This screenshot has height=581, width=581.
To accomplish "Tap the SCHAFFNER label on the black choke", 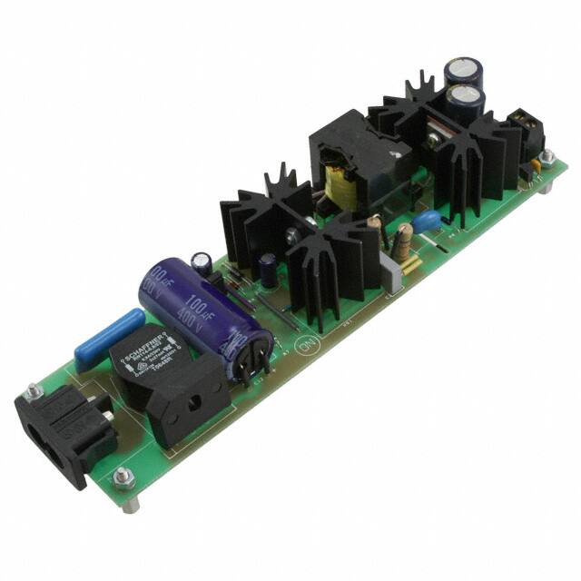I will (151, 361).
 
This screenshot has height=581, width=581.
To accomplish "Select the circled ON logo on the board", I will (305, 346).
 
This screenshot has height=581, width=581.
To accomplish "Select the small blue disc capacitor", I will (426, 221).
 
